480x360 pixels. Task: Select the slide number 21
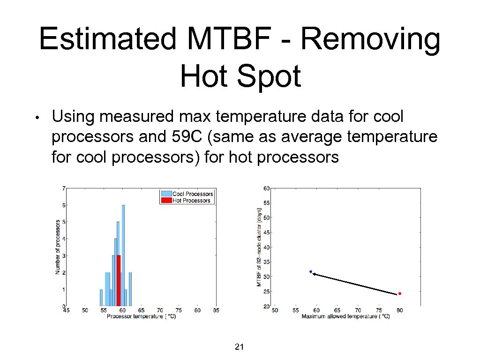(239, 347)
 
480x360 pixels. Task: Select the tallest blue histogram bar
(123, 255)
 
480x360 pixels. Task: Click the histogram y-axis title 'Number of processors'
(58, 247)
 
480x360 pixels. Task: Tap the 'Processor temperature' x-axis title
(141, 316)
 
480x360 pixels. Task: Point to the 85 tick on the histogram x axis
(216, 310)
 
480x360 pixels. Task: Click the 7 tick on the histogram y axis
(63, 188)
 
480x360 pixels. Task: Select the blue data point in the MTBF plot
(311, 271)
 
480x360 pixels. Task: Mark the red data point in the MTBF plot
(399, 293)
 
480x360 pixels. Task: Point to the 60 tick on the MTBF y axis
(266, 188)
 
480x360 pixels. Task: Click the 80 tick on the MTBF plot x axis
(399, 310)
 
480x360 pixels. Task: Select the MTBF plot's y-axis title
(259, 247)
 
